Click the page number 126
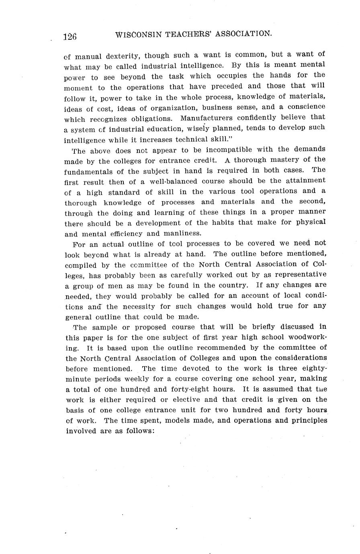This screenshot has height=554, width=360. tap(70, 37)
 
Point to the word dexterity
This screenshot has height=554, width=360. tap(120, 56)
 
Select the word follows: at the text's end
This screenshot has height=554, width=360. tap(138, 431)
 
